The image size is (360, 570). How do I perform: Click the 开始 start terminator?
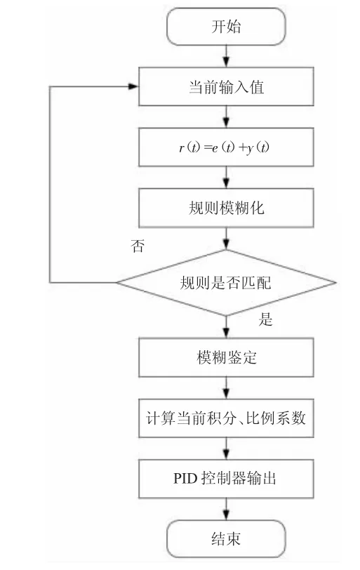226,27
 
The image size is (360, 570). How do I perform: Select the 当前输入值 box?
226,86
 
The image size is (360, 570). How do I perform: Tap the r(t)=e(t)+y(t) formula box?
226,147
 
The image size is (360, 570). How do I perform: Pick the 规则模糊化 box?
226,208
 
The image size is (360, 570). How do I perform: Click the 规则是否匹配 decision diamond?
226,282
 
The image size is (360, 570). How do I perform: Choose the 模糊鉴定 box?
226,357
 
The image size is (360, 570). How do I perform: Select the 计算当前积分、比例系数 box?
226,418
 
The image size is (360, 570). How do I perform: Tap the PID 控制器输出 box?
226,479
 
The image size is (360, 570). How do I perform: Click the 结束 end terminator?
226,538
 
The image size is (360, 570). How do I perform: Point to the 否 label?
138,246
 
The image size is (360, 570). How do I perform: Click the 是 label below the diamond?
265,319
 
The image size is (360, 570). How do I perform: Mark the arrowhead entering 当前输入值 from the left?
133,86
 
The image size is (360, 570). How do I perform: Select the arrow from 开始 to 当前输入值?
226,56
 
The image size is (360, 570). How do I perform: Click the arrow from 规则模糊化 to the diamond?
226,239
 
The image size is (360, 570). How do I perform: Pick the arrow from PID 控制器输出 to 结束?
226,509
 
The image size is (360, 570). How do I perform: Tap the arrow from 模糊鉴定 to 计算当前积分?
226,388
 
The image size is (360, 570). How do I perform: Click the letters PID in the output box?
185,479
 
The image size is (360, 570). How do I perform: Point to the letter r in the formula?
181,148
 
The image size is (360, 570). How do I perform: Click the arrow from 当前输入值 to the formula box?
226,117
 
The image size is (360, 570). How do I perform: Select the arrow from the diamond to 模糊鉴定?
226,327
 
